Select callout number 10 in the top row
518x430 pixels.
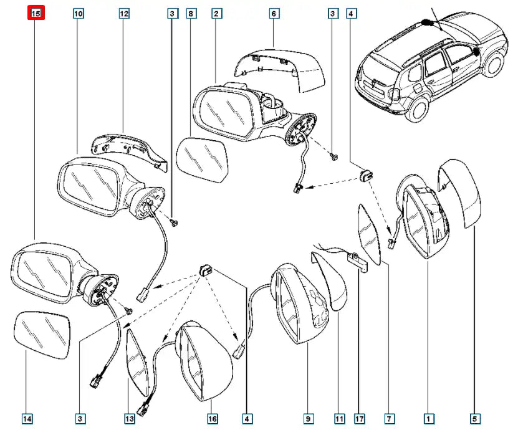click(x=78, y=13)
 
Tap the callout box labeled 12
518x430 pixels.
click(x=124, y=13)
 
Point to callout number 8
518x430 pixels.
click(x=191, y=13)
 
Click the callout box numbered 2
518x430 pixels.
click(x=216, y=13)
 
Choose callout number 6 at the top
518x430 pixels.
click(x=274, y=13)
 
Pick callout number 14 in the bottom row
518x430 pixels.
click(x=27, y=419)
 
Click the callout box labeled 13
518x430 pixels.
click(x=129, y=419)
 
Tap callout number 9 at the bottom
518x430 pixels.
click(x=307, y=419)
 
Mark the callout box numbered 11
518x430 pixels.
click(x=339, y=419)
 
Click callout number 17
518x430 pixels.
click(x=359, y=419)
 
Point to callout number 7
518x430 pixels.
click(x=388, y=419)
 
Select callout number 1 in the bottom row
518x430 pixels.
click(x=428, y=419)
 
